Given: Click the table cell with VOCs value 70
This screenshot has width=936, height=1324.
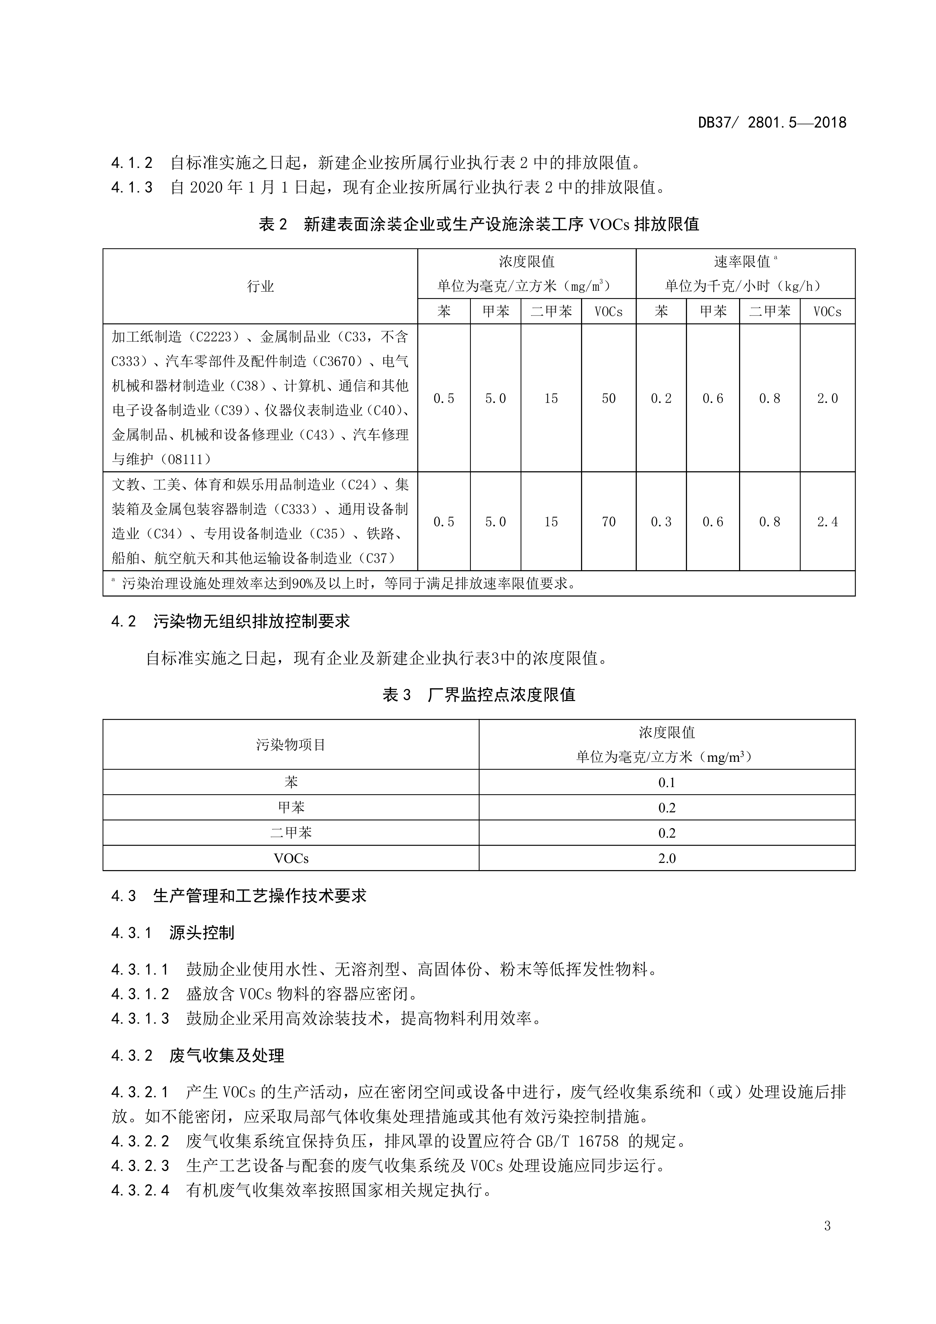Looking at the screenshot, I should coord(609,522).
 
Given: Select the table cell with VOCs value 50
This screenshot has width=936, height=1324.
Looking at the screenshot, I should coord(609,398).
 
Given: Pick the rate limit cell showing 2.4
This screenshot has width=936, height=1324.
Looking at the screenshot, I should coord(827,522).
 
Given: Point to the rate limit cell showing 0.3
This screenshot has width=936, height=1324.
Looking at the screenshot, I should coord(661,522).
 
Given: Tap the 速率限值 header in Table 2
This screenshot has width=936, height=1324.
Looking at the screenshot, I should coord(742,262).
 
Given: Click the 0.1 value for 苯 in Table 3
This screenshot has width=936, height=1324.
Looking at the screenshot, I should coord(667,783).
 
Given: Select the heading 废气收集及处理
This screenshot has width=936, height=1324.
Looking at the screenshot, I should coord(227,1056).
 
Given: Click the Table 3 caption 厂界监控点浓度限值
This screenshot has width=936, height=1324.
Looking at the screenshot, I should coord(501,695).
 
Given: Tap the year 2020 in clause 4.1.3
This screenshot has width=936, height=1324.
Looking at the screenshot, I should coord(206,188).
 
